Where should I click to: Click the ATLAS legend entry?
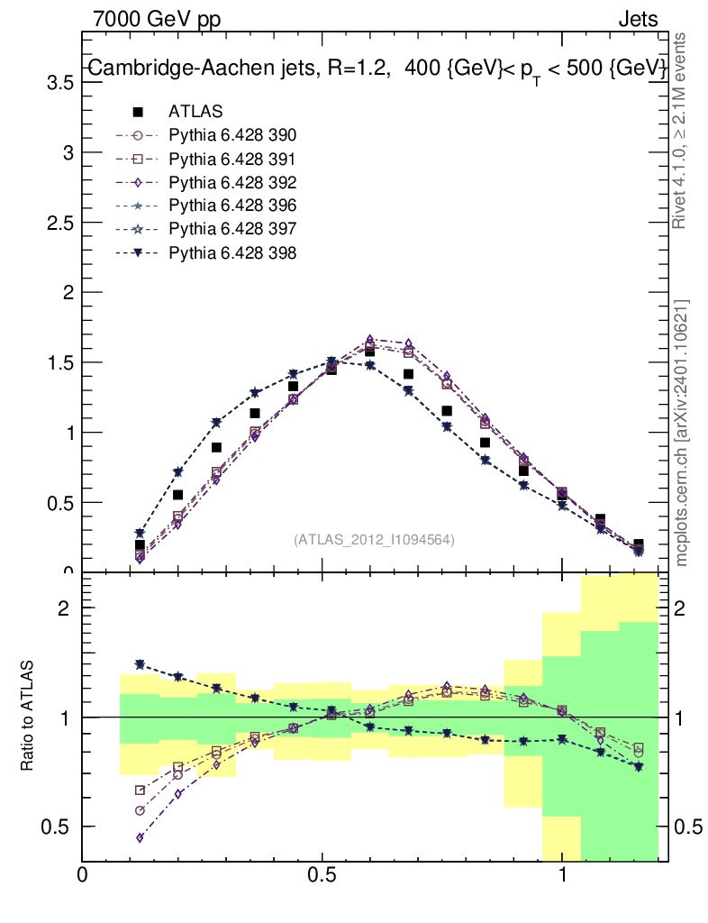click(x=195, y=112)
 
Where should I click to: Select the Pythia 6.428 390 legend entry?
click(x=232, y=136)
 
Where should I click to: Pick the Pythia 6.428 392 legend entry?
click(x=232, y=183)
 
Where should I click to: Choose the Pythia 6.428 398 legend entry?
click(x=232, y=253)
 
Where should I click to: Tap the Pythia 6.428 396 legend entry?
click(x=232, y=206)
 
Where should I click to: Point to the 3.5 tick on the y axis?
click(x=60, y=83)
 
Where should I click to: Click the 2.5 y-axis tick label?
click(x=60, y=223)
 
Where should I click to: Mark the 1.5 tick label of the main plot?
click(x=60, y=362)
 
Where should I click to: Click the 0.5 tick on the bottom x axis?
click(x=322, y=874)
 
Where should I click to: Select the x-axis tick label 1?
click(x=562, y=874)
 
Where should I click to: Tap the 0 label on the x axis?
click(x=83, y=874)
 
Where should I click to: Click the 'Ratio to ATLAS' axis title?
click(x=29, y=716)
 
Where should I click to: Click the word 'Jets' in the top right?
click(x=637, y=18)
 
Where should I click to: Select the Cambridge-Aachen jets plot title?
click(x=377, y=69)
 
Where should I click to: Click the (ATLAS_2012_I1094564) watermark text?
click(x=374, y=540)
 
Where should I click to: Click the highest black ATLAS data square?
click(x=369, y=351)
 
